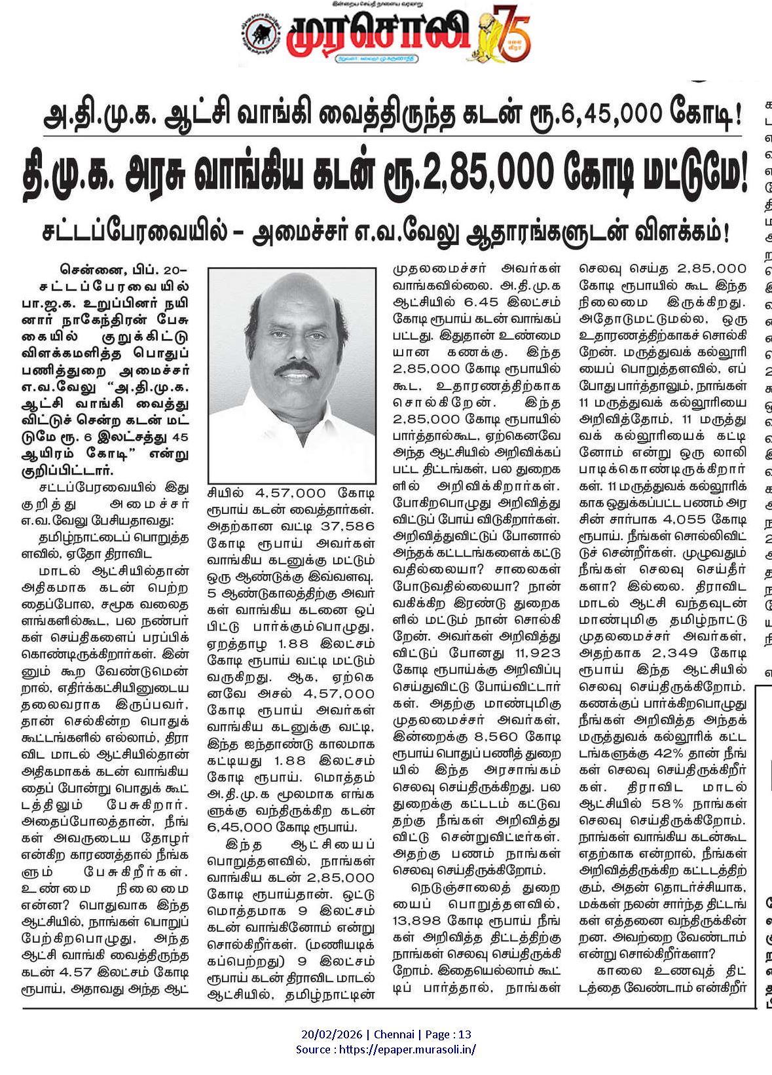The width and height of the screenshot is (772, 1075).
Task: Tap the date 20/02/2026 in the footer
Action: tap(333, 1034)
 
